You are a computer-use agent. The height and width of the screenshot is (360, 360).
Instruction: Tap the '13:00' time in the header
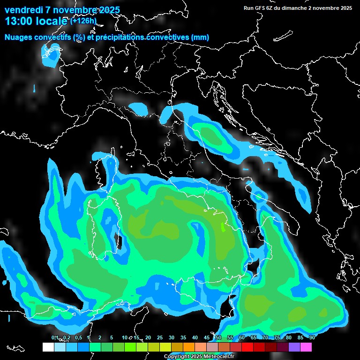(18, 21)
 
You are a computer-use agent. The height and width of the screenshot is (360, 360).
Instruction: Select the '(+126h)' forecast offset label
(83, 21)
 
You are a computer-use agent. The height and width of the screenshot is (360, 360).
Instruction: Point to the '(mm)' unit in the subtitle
(200, 37)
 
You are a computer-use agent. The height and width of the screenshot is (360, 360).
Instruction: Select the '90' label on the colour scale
(312, 338)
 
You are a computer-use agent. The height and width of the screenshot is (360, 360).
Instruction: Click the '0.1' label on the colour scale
(55, 338)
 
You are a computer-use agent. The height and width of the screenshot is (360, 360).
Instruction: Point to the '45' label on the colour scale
(207, 338)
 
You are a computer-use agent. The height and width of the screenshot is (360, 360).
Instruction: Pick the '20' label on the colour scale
(148, 338)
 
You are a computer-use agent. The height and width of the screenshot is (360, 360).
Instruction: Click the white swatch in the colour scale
(48, 347)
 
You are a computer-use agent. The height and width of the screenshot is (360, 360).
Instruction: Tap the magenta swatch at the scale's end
(306, 347)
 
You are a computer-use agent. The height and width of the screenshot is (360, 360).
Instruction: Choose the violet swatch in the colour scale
(294, 347)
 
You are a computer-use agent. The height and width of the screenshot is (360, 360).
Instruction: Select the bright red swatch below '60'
(247, 347)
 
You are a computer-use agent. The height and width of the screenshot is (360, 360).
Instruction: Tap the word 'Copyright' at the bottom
(177, 357)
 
